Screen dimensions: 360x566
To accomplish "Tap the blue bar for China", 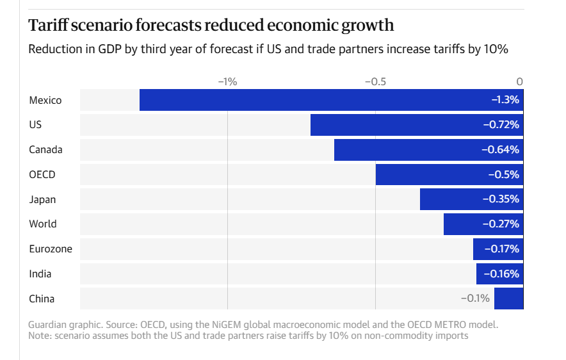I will (x=508, y=299).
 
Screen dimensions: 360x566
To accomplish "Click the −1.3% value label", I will (x=505, y=100).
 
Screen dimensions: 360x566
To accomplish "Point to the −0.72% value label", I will (x=501, y=125).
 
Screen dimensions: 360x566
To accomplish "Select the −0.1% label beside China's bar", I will (x=475, y=299).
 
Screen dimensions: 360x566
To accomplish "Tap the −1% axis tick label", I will (x=227, y=81).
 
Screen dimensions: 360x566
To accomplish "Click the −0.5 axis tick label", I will (x=375, y=81).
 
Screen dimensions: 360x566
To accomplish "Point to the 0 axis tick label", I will (x=520, y=81).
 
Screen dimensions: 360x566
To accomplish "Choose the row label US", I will (x=35, y=125).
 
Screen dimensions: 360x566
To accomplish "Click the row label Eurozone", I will (x=51, y=249).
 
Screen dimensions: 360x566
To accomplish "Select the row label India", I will (x=40, y=274).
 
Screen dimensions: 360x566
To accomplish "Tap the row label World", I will (x=43, y=224).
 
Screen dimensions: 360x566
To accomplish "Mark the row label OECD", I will (x=42, y=174).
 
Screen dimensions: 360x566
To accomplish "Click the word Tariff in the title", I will (x=49, y=26).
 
